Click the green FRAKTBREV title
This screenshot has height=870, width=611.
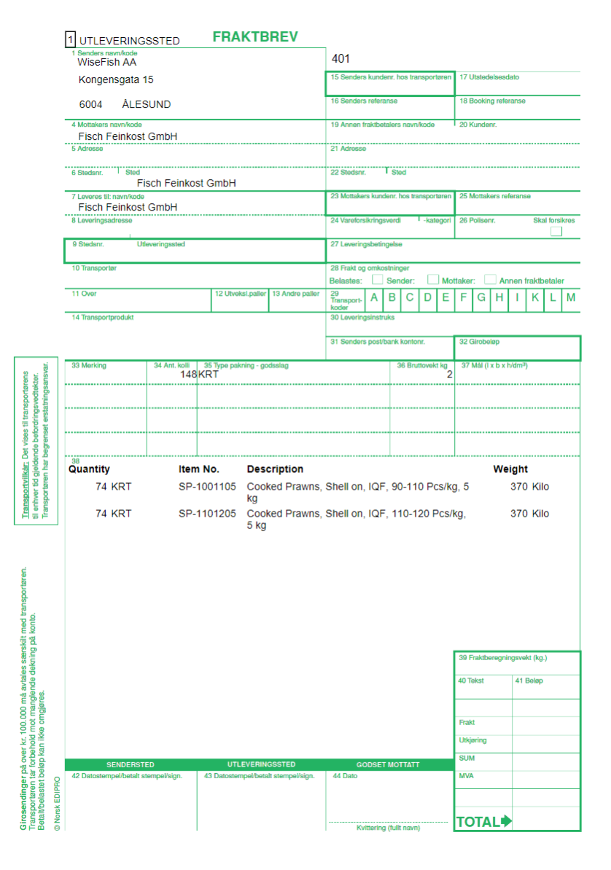tap(255, 37)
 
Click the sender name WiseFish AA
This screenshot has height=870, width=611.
tap(107, 63)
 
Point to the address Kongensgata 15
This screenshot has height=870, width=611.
tap(116, 79)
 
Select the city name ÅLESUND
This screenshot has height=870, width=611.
tap(147, 104)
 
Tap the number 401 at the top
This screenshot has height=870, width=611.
tap(341, 59)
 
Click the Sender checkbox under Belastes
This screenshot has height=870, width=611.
tap(378, 280)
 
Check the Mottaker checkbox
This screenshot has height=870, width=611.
tap(433, 280)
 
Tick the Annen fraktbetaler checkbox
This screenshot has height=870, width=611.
tap(491, 280)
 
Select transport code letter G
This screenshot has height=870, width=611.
tap(481, 297)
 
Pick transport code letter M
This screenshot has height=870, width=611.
tap(571, 297)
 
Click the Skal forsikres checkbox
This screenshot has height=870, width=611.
tap(556, 232)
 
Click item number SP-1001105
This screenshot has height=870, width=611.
tap(207, 487)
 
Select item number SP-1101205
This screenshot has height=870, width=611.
tap(207, 514)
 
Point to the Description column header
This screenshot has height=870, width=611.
tap(275, 469)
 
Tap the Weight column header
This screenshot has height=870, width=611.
tap(510, 469)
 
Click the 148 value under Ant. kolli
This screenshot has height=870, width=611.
tap(189, 375)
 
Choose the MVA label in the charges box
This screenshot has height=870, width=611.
tap(466, 776)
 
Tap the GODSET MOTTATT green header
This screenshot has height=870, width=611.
tap(388, 765)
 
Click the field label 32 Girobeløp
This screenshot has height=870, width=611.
tap(479, 342)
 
